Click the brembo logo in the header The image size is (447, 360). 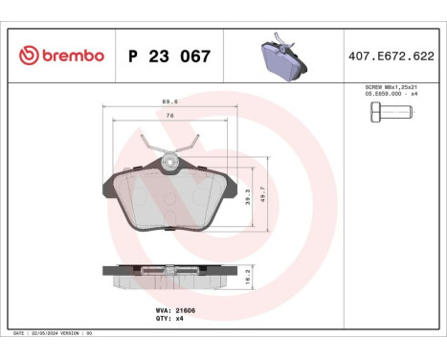[60, 56]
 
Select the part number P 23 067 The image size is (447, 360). [168, 56]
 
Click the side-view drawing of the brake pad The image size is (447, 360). [168, 274]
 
